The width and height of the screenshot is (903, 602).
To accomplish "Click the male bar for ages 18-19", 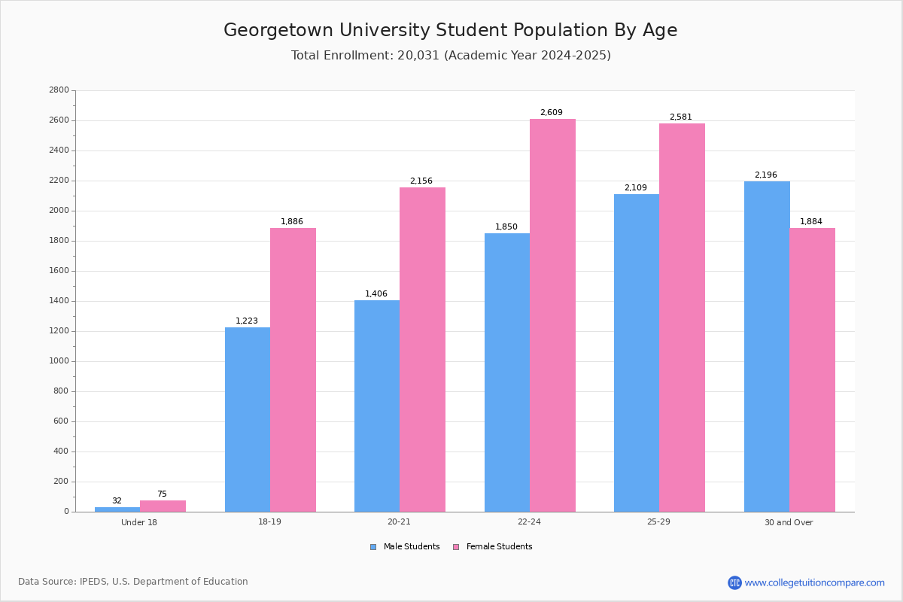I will (248, 419).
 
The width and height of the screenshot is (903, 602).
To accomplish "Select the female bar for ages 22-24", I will (552, 315).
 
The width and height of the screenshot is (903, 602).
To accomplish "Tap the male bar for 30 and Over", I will (767, 346).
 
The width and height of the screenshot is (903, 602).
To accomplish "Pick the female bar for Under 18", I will (163, 506).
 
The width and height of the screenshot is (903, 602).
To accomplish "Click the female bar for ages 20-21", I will (422, 349).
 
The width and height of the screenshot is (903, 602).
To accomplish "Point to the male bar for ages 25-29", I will (637, 353).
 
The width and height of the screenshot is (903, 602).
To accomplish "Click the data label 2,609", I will (551, 113).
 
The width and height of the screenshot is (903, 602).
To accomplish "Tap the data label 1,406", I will (376, 294).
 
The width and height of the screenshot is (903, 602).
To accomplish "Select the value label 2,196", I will (765, 175).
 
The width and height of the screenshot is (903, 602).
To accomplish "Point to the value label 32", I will (117, 501).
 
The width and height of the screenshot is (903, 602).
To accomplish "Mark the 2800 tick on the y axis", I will (59, 90).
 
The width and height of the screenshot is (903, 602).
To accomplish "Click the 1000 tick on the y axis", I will (59, 361).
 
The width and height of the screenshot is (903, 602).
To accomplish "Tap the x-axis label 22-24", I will (529, 522).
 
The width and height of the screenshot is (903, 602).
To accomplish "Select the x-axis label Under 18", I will (139, 522).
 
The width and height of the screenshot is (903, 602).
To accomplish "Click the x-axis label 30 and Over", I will (789, 522).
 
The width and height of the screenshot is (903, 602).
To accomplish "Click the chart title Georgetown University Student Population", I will (450, 30).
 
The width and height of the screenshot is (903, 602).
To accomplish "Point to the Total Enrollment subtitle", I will (451, 56).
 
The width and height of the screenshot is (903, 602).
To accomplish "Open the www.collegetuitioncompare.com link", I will (814, 582).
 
